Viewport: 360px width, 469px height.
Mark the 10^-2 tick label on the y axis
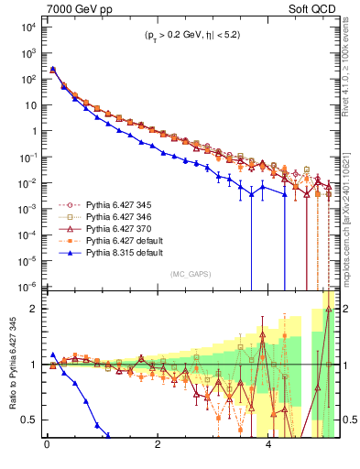coord(27,182)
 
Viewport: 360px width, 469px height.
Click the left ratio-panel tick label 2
coord(35,309)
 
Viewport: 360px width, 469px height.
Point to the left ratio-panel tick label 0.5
coord(31,420)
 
